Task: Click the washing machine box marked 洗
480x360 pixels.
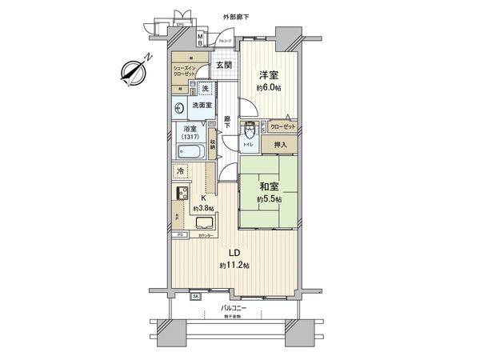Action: point(206,88)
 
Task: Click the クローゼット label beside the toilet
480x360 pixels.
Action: point(282,126)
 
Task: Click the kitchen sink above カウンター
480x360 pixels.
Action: point(205,224)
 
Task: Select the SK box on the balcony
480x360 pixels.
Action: point(196,296)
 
